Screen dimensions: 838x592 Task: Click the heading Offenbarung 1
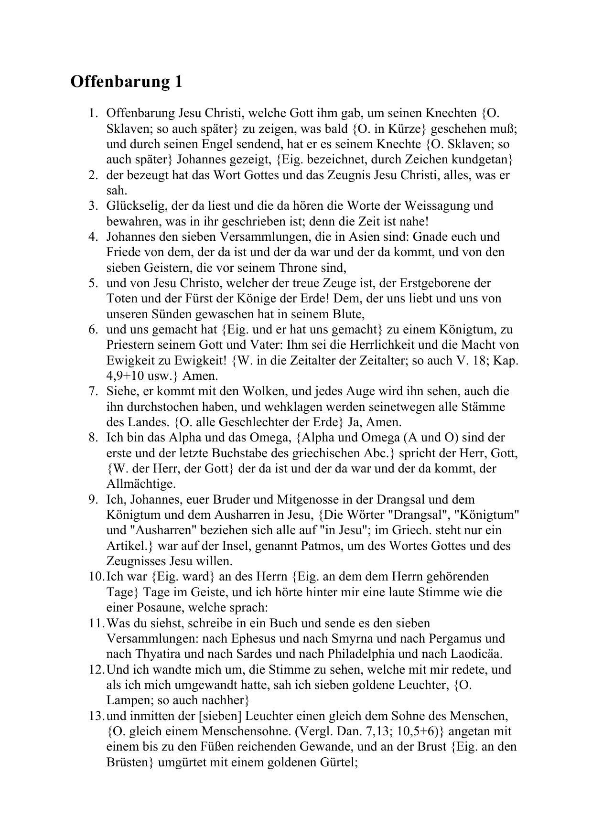click(x=126, y=82)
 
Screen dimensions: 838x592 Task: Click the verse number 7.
click(x=93, y=391)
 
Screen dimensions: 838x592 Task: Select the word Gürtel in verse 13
click(x=336, y=763)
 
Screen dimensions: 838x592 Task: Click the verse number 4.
click(x=93, y=237)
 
